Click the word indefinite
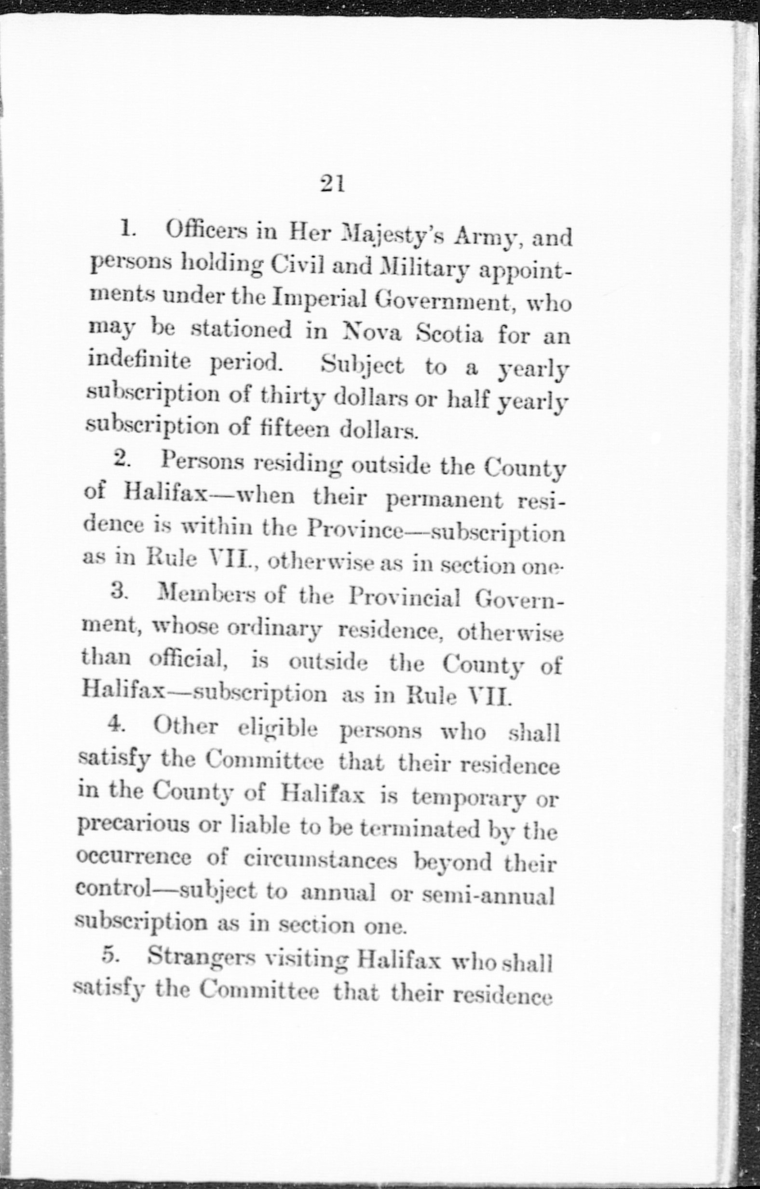pos(140,361)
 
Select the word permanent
pos(444,500)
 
